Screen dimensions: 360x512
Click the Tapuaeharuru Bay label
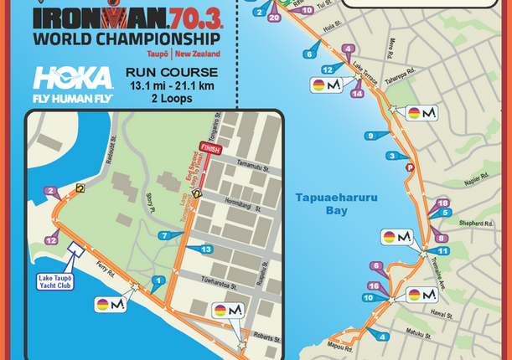click(324, 203)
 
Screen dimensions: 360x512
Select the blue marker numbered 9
click(370, 136)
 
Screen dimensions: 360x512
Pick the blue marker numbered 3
click(391, 156)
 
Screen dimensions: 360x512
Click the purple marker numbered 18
click(444, 203)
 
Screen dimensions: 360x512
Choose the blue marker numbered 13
click(206, 249)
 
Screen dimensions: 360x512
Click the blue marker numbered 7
click(164, 235)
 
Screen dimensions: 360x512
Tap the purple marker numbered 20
click(274, 18)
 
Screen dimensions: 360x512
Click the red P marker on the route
click(410, 167)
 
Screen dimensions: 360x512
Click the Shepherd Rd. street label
click(476, 223)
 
